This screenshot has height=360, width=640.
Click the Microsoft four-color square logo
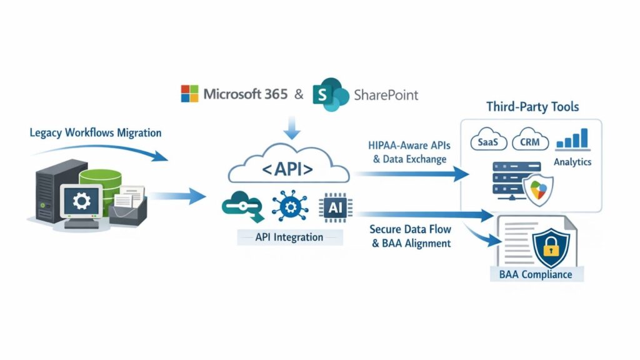pos(189,94)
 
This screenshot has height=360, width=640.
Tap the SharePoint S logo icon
pos(331,94)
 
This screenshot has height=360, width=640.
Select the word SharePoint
pos(386,95)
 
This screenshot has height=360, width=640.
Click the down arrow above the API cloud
pos(292,127)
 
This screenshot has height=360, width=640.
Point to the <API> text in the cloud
pos(287,169)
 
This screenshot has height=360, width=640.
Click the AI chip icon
pos(336,207)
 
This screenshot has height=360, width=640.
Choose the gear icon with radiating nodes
pos(290,207)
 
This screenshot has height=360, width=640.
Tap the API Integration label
pos(289,237)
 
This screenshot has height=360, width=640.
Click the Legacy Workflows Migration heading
pos(96,132)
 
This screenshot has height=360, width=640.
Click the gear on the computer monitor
pos(81,201)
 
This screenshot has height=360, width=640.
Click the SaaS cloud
pos(488,140)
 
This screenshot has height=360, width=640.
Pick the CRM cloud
pos(530,140)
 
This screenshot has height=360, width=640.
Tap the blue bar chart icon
pos(572,138)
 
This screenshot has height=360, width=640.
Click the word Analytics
pos(572,162)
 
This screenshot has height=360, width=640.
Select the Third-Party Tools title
pos(532,107)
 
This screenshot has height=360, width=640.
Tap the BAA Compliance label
pos(536,274)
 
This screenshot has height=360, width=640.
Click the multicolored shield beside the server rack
pos(539,189)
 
